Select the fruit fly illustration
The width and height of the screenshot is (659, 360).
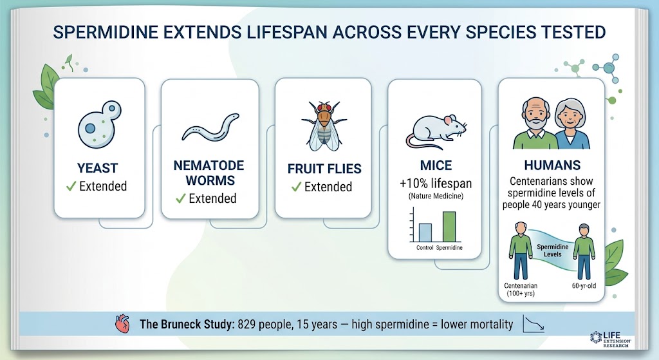pyautogui.click(x=324, y=126)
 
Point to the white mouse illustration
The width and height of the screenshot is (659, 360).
pyautogui.click(x=436, y=131)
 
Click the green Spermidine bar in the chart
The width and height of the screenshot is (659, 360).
pyautogui.click(x=449, y=226)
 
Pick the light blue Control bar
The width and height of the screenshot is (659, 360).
pyautogui.click(x=425, y=232)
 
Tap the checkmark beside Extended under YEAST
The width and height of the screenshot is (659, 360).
pyautogui.click(x=71, y=186)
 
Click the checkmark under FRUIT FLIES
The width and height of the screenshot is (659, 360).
pyautogui.click(x=296, y=187)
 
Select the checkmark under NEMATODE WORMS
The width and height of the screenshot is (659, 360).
pyautogui.click(x=181, y=198)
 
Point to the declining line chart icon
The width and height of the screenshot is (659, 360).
pyautogui.click(x=534, y=324)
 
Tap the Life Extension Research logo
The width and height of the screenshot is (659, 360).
pyautogui.click(x=610, y=339)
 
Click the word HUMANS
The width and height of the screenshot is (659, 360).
pyautogui.click(x=552, y=165)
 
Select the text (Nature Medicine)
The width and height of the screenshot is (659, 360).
pyautogui.click(x=436, y=196)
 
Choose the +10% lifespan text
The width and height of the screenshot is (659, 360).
pyautogui.click(x=436, y=184)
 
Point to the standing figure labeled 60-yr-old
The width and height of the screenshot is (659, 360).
pyautogui.click(x=584, y=252)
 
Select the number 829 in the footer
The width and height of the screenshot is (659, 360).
pyautogui.click(x=246, y=324)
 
